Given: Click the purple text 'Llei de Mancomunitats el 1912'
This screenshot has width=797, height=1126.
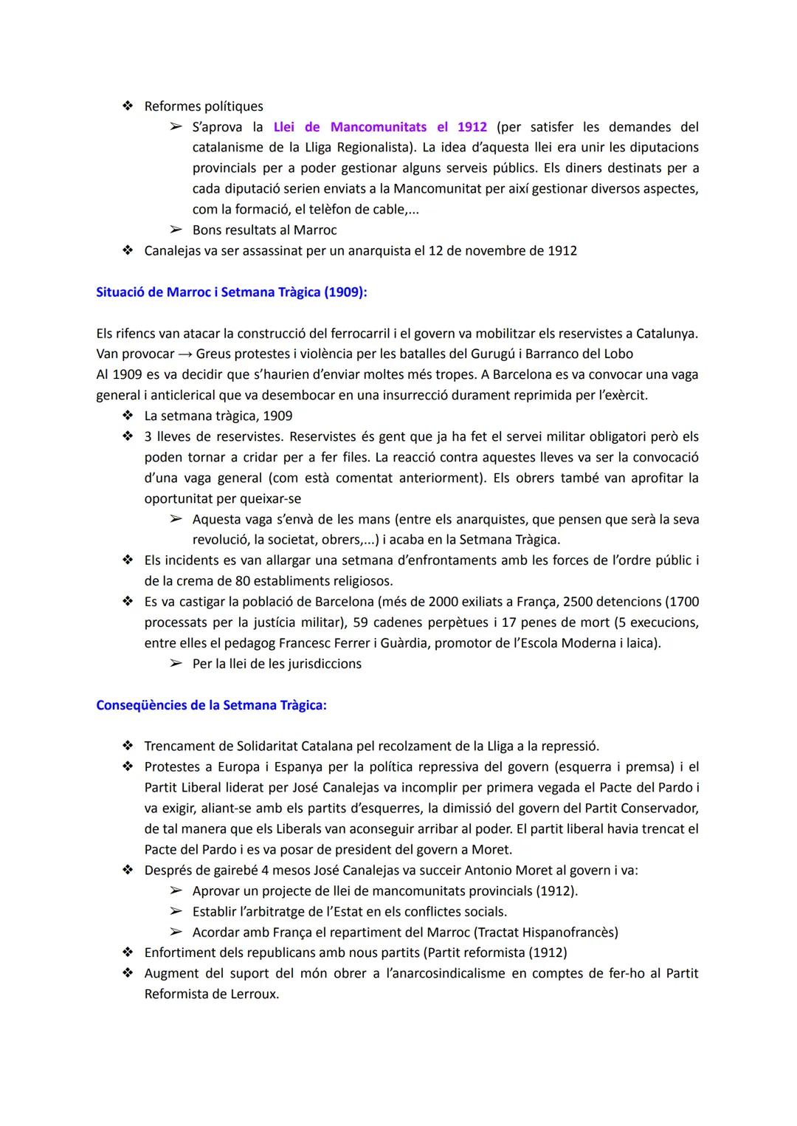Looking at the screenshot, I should pos(380,127).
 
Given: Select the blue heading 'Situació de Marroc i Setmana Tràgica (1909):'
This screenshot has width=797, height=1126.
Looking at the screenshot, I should pos(231,292).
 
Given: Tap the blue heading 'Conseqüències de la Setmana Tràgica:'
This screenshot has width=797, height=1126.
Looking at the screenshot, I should pos(211,705).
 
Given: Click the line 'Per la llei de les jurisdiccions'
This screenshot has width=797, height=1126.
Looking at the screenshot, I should pos(277,664).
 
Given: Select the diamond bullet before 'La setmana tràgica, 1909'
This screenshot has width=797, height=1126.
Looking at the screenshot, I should pos(128,416).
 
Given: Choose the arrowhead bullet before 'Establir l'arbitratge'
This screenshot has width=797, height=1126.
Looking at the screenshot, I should pos(176,912).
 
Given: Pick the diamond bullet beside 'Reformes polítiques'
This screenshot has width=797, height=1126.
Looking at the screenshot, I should pos(128,106).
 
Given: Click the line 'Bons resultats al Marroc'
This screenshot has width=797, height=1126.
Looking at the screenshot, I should pos(264,230).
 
